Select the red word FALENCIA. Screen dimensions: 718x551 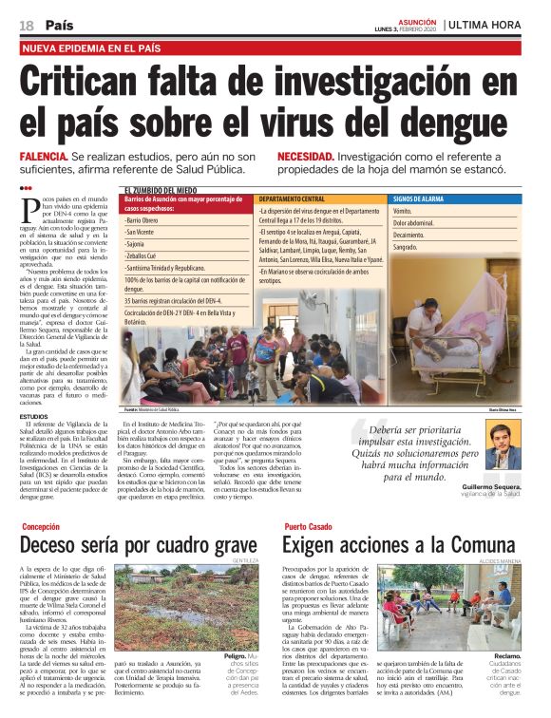(44, 156)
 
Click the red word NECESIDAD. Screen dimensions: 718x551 (305, 156)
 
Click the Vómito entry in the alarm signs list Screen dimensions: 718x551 (403, 211)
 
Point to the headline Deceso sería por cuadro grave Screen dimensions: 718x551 (139, 546)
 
